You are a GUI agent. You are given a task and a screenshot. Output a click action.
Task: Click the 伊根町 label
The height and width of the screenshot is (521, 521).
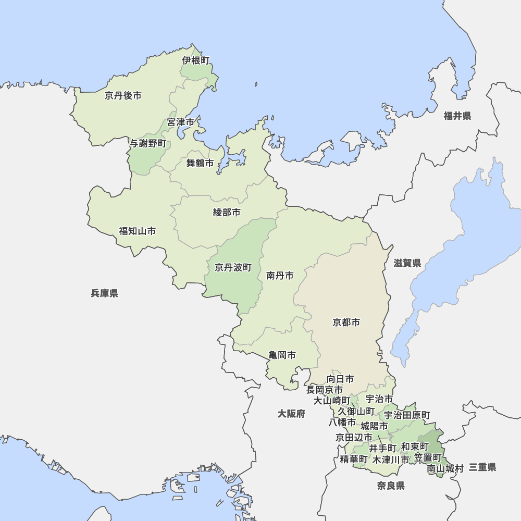196,60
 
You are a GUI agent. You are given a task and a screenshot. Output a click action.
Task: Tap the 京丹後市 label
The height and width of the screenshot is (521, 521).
123,95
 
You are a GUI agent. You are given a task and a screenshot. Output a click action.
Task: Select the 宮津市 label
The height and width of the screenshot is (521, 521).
181,122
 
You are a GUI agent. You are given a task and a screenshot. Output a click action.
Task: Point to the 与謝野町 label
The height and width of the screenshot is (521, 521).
148,143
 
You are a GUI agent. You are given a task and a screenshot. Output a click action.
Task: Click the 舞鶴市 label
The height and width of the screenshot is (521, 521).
200,163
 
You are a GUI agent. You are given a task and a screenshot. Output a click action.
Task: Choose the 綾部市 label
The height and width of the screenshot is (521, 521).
227,212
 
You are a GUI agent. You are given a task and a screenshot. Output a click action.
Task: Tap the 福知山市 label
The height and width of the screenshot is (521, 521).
138,231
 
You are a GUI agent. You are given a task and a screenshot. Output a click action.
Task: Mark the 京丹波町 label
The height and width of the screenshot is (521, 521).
233,267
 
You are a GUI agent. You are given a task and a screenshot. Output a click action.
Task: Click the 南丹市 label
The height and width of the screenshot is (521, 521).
280,275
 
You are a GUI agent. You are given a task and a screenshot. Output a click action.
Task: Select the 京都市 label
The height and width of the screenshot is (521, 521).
346,322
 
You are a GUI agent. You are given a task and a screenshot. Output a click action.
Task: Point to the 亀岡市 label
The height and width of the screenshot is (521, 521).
282,355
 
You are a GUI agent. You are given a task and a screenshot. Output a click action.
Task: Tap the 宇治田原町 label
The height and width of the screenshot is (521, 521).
407,415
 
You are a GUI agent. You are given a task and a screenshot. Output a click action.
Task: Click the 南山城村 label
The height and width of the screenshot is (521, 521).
445,468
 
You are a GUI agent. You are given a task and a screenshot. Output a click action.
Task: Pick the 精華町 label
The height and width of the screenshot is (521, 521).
354,459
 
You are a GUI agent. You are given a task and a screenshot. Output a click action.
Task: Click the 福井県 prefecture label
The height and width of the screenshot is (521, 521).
457,116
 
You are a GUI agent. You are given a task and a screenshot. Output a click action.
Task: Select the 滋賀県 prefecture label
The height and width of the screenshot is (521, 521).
407,263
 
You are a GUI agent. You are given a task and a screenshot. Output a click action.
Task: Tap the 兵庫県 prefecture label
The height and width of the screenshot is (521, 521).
105,293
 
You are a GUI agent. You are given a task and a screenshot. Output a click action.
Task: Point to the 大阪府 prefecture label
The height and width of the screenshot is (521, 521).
291,414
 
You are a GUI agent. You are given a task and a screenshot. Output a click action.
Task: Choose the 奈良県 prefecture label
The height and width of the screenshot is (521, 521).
391,486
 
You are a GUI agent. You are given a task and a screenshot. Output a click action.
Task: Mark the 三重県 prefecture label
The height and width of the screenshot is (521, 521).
482,467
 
